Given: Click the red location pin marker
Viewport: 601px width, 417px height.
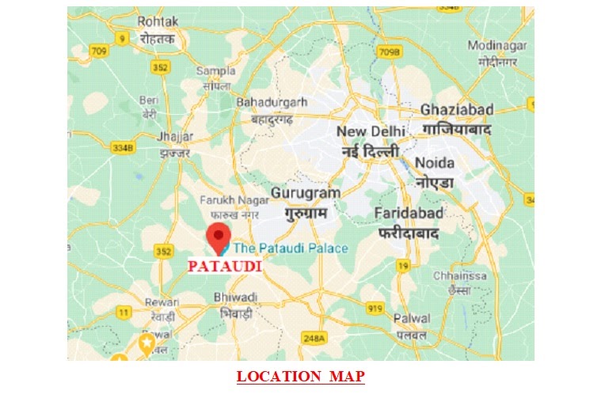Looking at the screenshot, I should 218,237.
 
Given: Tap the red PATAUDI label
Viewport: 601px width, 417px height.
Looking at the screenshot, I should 224,267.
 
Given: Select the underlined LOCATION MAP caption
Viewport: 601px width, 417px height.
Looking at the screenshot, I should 300,377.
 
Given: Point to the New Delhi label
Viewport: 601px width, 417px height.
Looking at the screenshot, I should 371,131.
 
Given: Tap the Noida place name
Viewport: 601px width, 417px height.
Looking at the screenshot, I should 435,163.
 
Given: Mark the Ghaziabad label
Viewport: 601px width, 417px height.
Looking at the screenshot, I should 457,109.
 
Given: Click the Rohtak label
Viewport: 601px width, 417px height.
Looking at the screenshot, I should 158,21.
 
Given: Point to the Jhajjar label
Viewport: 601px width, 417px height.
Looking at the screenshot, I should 174,135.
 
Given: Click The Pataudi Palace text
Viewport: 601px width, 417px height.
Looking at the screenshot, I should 290,248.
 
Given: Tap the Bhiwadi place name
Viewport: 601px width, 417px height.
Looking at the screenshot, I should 235,297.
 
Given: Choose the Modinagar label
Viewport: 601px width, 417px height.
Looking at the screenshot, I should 496,45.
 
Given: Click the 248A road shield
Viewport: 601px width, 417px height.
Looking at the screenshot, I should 314,338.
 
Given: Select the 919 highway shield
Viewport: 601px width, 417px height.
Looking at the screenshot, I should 375,308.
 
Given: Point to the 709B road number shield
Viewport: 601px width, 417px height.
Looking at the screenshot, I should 390,53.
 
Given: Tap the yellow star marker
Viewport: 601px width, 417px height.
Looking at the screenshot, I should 146,343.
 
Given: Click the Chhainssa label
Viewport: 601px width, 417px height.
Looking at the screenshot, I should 455,276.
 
